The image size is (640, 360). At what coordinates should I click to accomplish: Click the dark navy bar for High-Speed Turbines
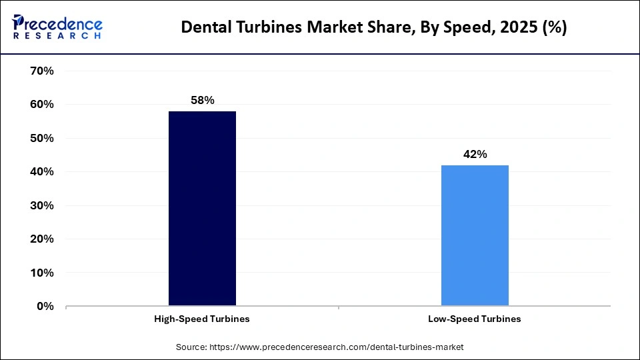202,209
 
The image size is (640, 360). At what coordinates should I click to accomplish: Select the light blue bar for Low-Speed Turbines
475,235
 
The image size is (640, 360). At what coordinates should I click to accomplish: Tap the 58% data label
202,100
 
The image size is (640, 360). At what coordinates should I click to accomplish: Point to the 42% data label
475,154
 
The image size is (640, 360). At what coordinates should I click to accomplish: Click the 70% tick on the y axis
42,71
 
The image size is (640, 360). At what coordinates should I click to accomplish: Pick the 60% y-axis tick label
42,105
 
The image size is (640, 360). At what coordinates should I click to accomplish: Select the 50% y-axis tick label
42,139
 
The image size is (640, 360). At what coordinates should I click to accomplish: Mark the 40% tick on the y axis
42,172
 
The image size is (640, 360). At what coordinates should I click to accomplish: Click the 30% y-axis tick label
42,206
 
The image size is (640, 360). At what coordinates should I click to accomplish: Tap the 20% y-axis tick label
42,239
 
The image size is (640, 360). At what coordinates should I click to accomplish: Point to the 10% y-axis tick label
42,273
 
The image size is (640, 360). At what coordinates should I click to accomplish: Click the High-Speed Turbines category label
202,319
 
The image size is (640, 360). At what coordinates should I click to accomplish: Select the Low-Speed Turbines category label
475,319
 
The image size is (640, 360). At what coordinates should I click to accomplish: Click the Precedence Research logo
57,26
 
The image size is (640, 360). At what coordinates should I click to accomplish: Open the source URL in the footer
337,347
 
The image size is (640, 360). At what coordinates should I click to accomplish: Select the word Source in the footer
191,347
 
